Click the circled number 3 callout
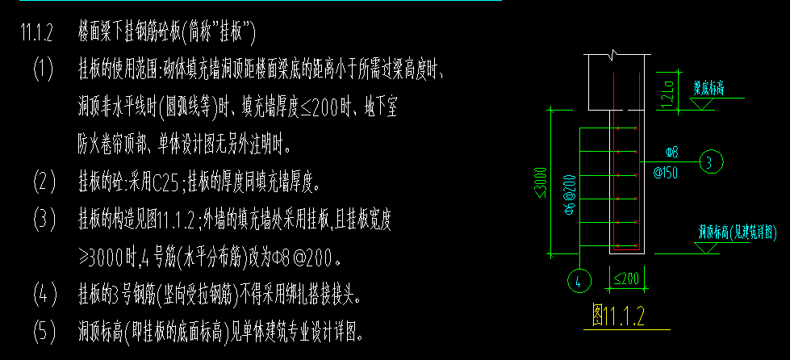tap(711, 162)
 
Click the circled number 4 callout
tap(579, 280)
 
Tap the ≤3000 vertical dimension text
tap(542, 182)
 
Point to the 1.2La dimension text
tap(670, 91)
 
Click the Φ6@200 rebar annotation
tap(570, 195)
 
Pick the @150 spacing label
tap(666, 173)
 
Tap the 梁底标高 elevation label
tap(708, 90)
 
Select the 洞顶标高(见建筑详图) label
tap(737, 233)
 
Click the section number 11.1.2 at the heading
tap(36, 32)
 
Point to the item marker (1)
tap(44, 69)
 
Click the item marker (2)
tap(44, 182)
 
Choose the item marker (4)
tap(45, 294)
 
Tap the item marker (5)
tap(44, 332)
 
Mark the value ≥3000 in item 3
tap(101, 258)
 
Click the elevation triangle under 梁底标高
tap(701, 104)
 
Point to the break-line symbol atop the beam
tap(613, 54)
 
